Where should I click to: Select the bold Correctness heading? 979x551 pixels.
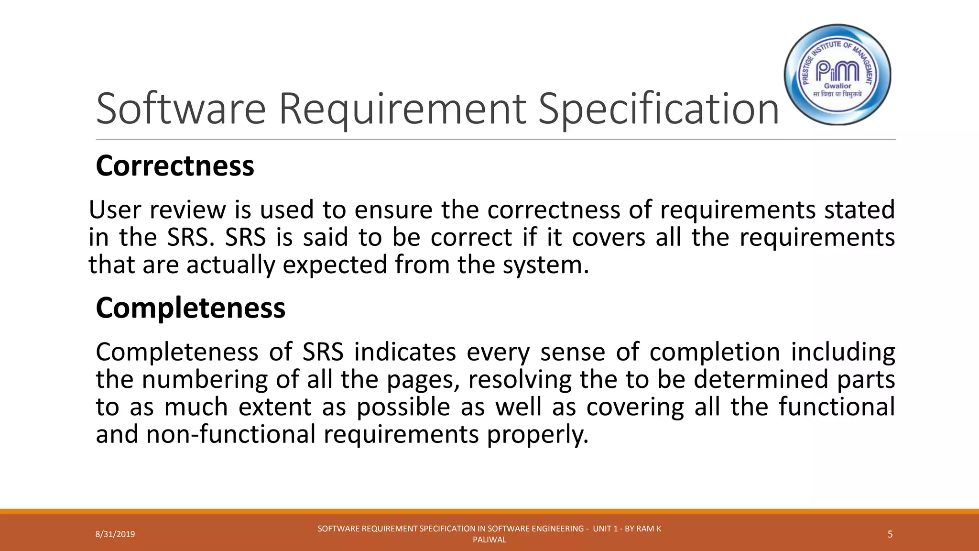click(175, 165)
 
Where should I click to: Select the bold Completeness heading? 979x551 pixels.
click(190, 308)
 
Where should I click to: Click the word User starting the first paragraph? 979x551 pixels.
click(114, 210)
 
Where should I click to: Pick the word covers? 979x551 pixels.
click(609, 237)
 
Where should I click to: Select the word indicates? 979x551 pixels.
click(405, 352)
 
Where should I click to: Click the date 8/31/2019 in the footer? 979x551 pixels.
click(115, 534)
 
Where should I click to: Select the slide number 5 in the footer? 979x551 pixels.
click(890, 534)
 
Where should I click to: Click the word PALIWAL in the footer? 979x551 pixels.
click(489, 540)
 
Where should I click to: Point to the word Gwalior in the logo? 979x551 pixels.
click(838, 86)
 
